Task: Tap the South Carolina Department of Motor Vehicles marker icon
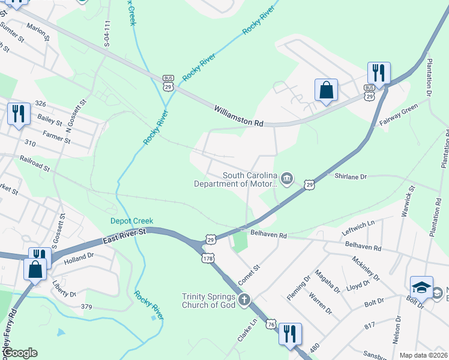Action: [x=287, y=178]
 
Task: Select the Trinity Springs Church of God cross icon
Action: [x=244, y=299]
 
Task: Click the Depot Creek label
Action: [x=128, y=220]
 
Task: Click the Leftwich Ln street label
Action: [x=358, y=224]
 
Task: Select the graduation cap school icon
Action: [x=421, y=287]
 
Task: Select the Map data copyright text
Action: [x=423, y=355]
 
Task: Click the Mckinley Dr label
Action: [x=366, y=269]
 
